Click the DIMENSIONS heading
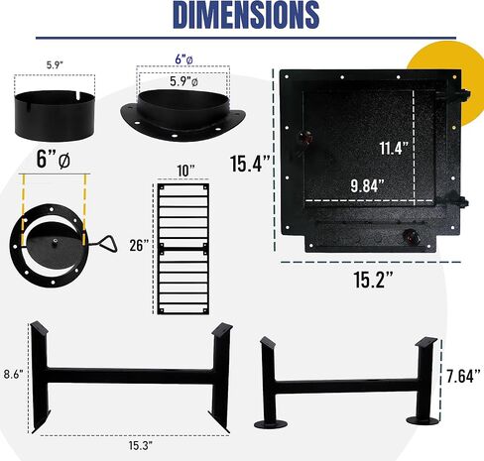click(246, 15)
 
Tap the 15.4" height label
click(250, 164)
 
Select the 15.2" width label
click(373, 280)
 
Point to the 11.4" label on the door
click(394, 148)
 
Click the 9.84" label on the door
click(368, 185)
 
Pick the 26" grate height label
click(139, 245)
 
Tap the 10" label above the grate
click(185, 171)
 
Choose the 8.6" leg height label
click(14, 375)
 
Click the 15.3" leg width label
click(140, 445)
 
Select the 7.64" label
click(463, 376)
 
